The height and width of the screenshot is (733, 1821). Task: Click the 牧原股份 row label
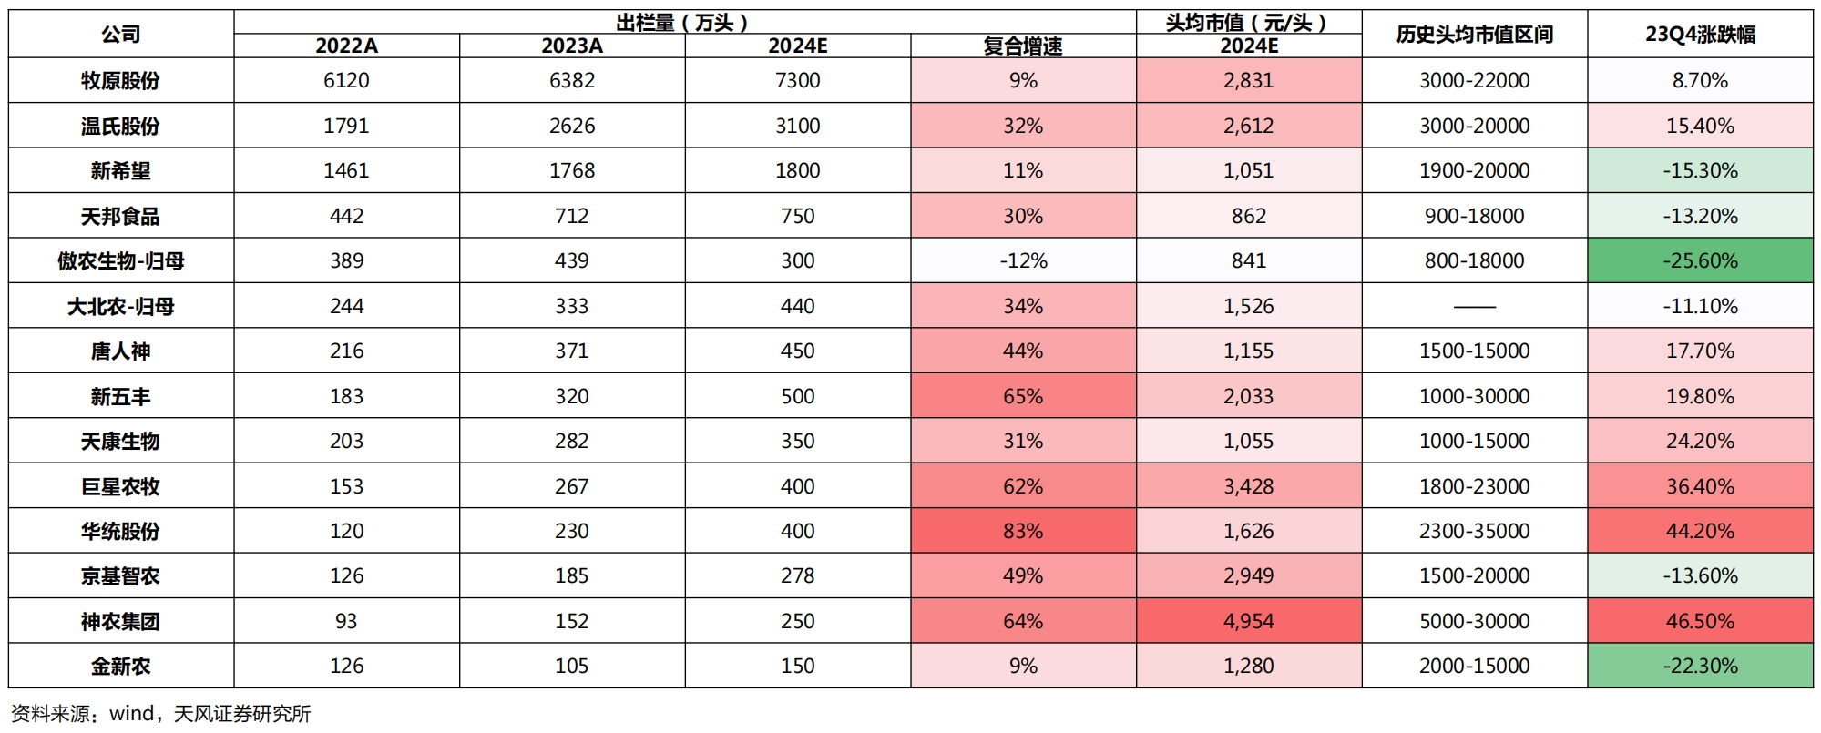click(x=120, y=81)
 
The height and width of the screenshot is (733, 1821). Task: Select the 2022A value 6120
click(x=346, y=81)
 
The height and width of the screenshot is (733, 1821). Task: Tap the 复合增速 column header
click(x=1023, y=46)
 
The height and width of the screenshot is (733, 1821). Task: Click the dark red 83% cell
click(x=1023, y=531)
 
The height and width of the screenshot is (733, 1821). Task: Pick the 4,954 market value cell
click(x=1249, y=621)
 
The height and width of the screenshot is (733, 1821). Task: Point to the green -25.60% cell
click(x=1700, y=261)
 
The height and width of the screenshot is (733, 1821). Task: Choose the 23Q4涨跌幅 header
click(x=1700, y=35)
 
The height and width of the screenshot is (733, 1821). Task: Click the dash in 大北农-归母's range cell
click(x=1474, y=307)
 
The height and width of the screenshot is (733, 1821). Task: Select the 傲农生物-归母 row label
click(x=120, y=261)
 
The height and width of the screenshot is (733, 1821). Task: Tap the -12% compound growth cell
click(x=1023, y=261)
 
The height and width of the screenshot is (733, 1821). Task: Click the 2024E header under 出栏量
click(x=797, y=46)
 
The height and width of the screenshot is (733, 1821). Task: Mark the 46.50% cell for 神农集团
click(x=1700, y=621)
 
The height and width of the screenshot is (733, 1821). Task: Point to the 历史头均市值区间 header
click(x=1474, y=35)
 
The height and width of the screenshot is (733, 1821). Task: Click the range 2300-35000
click(x=1474, y=531)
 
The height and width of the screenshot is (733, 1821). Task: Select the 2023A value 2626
click(x=572, y=126)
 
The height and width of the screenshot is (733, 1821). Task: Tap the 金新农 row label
click(x=120, y=667)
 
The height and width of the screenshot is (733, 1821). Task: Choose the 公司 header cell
click(x=120, y=35)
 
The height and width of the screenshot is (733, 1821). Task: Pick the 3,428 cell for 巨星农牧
click(x=1249, y=486)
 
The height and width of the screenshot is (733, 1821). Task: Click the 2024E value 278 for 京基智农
click(x=797, y=576)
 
